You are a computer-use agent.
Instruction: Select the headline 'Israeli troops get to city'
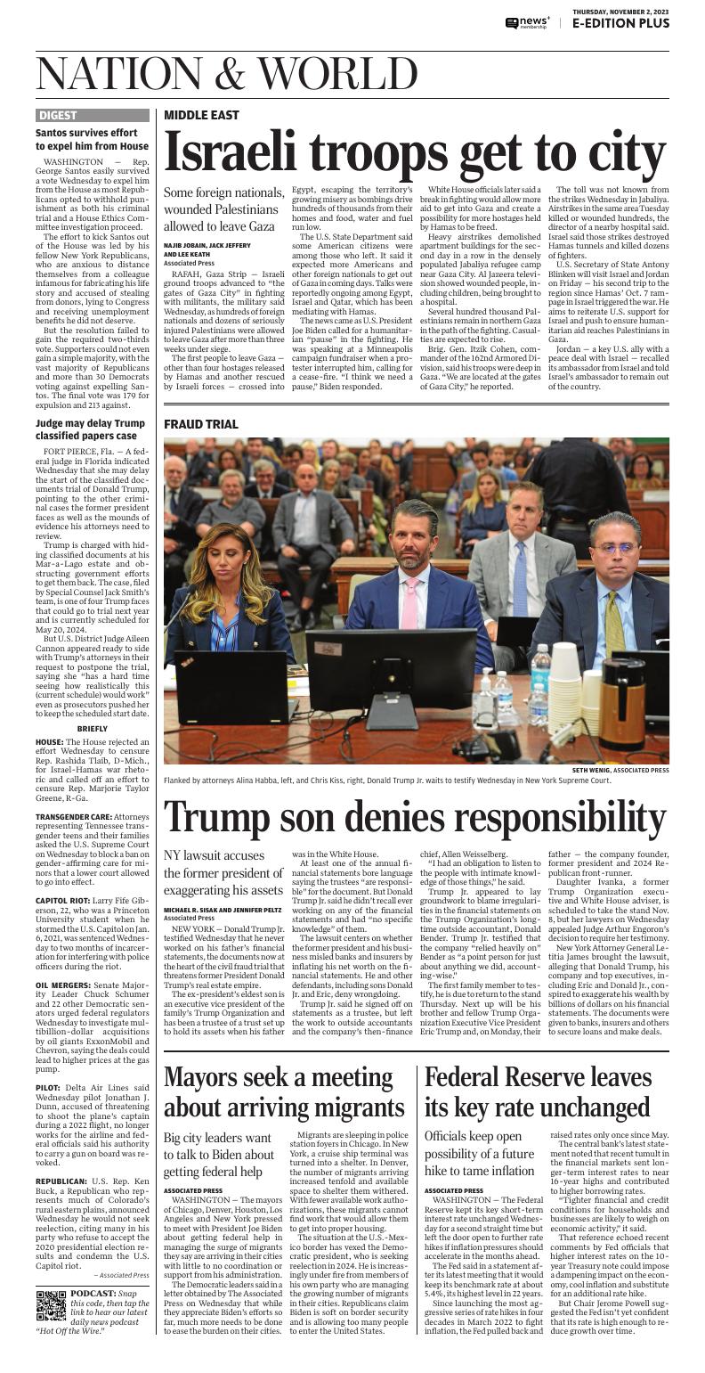[415, 153]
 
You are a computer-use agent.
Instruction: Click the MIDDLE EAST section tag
[201, 115]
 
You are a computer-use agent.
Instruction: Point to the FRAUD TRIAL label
[201, 424]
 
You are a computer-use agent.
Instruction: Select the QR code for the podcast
[52, 1304]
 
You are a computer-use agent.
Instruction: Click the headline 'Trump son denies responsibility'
[415, 818]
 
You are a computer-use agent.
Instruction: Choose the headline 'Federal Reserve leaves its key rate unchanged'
[538, 1091]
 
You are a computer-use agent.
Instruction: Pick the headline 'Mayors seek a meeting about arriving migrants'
[285, 1091]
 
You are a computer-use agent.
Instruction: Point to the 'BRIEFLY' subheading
[93, 728]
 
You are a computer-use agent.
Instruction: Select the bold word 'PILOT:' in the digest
[48, 1088]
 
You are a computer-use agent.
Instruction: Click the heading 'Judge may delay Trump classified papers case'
[91, 429]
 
